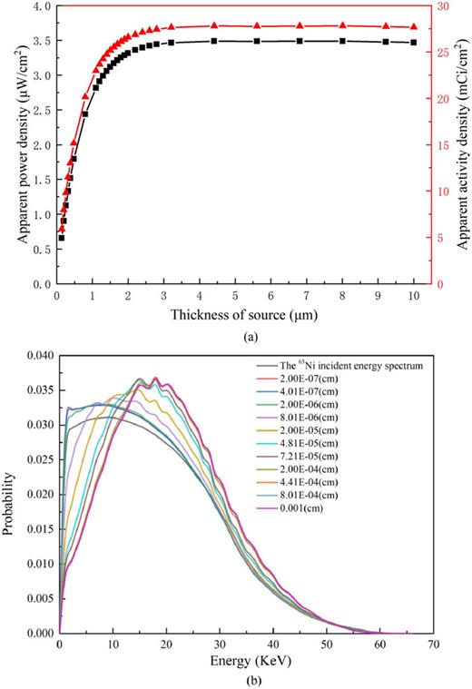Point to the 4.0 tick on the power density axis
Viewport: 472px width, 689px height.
click(x=41, y=6)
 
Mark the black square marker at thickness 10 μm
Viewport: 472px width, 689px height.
click(x=414, y=43)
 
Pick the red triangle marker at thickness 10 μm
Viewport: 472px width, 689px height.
click(x=414, y=27)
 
